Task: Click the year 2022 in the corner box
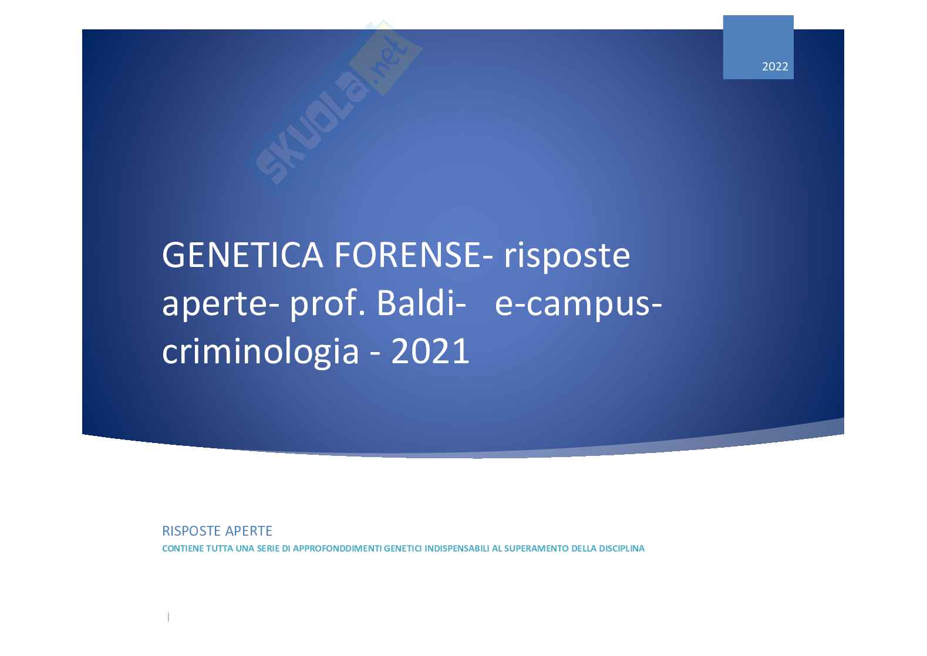pyautogui.click(x=775, y=66)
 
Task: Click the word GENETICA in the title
pyautogui.click(x=242, y=255)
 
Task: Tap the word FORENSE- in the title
pyautogui.click(x=413, y=255)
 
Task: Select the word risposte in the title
pyautogui.click(x=567, y=256)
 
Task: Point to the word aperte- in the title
pyautogui.click(x=221, y=305)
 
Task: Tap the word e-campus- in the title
pyautogui.click(x=578, y=305)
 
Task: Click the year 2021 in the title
pyautogui.click(x=430, y=351)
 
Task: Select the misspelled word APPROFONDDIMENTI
pyautogui.click(x=337, y=549)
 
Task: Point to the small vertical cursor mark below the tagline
pyautogui.click(x=168, y=617)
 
